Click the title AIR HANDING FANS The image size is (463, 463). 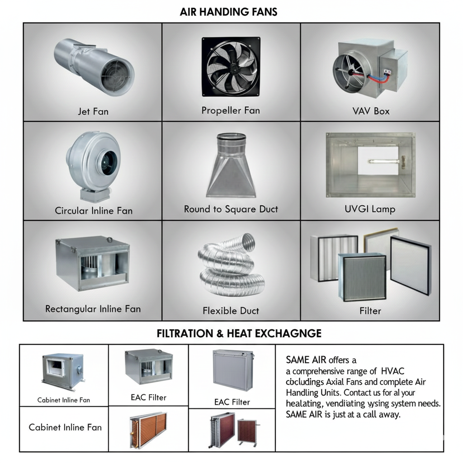point(228,12)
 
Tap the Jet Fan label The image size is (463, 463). point(93,111)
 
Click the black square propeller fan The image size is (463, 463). point(231,67)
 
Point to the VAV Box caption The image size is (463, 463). point(371,111)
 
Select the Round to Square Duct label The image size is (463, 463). point(231,209)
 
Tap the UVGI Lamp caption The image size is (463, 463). point(370,209)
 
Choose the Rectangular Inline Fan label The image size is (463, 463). point(93,309)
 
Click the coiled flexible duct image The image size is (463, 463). point(231,265)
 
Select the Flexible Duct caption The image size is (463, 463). point(231,311)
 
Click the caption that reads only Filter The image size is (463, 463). point(370,311)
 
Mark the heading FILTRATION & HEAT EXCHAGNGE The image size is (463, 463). point(239,334)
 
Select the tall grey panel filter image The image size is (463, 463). point(232,370)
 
